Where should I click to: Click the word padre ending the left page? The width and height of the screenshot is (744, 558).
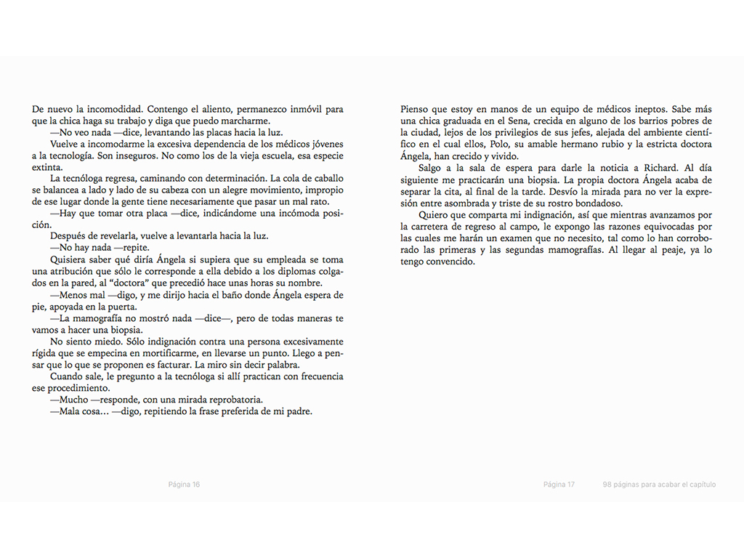[298, 411]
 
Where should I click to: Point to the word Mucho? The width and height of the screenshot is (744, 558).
[71, 400]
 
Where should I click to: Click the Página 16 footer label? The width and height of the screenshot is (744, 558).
[184, 485]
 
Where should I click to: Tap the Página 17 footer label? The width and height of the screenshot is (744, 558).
[559, 485]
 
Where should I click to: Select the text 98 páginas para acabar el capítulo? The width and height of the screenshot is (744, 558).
[659, 485]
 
